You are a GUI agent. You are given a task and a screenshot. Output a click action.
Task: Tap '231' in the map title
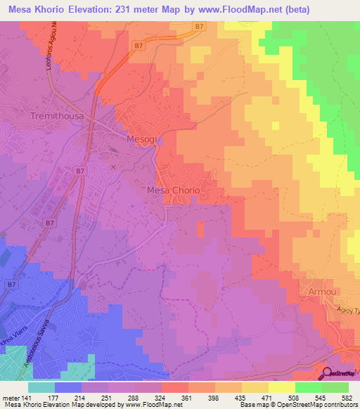(x=137, y=9)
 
